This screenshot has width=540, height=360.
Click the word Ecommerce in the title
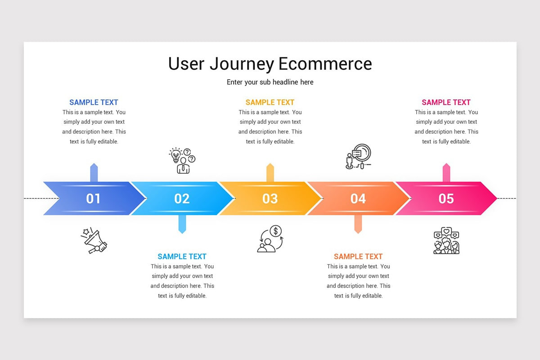click(325, 64)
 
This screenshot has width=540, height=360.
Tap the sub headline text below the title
click(270, 82)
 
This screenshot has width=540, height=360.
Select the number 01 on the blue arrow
click(94, 198)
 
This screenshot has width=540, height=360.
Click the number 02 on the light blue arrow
click(182, 198)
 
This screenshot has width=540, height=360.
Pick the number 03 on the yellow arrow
click(270, 198)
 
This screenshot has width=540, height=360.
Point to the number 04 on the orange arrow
click(358, 198)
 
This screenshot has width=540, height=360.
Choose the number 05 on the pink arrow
click(446, 198)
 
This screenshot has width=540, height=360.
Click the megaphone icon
click(94, 241)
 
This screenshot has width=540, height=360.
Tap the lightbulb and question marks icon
click(182, 160)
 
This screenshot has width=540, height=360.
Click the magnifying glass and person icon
click(358, 157)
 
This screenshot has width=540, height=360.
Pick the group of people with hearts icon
click(446, 241)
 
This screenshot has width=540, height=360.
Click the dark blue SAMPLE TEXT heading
click(94, 103)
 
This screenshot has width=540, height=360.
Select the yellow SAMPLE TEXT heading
click(270, 103)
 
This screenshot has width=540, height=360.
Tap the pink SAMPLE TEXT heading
click(446, 103)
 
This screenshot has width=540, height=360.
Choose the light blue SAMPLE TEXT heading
click(182, 256)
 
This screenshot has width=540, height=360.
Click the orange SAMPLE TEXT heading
click(358, 256)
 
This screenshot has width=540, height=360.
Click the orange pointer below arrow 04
click(358, 224)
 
